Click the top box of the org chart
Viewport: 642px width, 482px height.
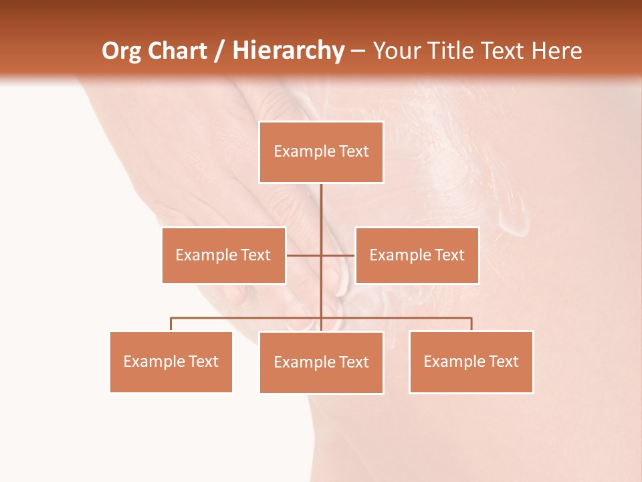click(x=321, y=152)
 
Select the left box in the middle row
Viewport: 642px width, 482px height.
click(x=223, y=255)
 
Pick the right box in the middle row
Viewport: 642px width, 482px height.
click(x=417, y=255)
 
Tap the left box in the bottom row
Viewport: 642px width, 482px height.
click(x=171, y=361)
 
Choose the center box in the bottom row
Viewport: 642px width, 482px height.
click(x=321, y=362)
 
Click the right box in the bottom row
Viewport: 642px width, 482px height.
click(x=471, y=361)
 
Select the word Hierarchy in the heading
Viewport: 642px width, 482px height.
click(x=288, y=51)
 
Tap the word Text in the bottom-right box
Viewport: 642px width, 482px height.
click(x=504, y=361)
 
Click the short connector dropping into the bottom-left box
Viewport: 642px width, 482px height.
click(x=171, y=324)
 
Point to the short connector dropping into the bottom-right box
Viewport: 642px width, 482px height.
click(x=471, y=324)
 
